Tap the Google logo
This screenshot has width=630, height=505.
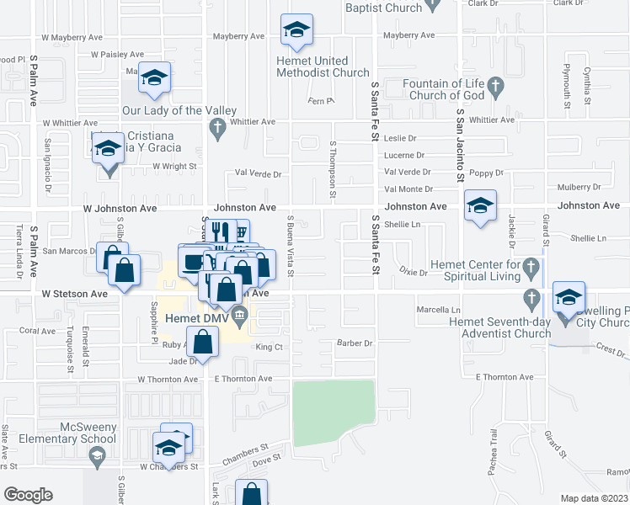click(28, 495)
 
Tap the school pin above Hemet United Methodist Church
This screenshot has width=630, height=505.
click(296, 31)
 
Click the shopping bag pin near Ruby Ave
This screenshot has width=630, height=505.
click(203, 342)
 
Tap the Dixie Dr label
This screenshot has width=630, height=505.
click(414, 272)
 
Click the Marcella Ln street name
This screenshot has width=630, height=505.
click(439, 310)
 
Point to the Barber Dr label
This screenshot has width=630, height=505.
click(355, 343)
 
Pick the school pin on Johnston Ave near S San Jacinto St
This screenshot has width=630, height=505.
click(480, 206)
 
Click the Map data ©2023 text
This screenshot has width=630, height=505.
click(594, 498)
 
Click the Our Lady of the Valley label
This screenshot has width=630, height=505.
click(179, 110)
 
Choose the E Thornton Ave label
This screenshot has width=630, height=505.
click(243, 379)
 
